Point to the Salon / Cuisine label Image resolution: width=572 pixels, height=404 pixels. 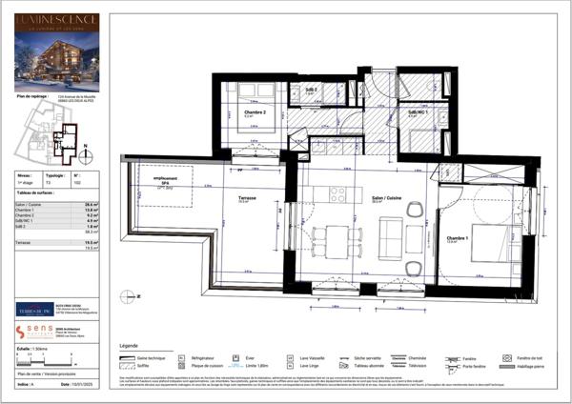(385, 199)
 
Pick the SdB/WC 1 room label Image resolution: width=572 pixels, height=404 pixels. (417, 112)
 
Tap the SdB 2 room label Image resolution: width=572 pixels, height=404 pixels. (311, 90)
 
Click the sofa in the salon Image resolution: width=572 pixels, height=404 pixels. (392, 232)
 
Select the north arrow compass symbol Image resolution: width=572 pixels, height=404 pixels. (86, 151)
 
